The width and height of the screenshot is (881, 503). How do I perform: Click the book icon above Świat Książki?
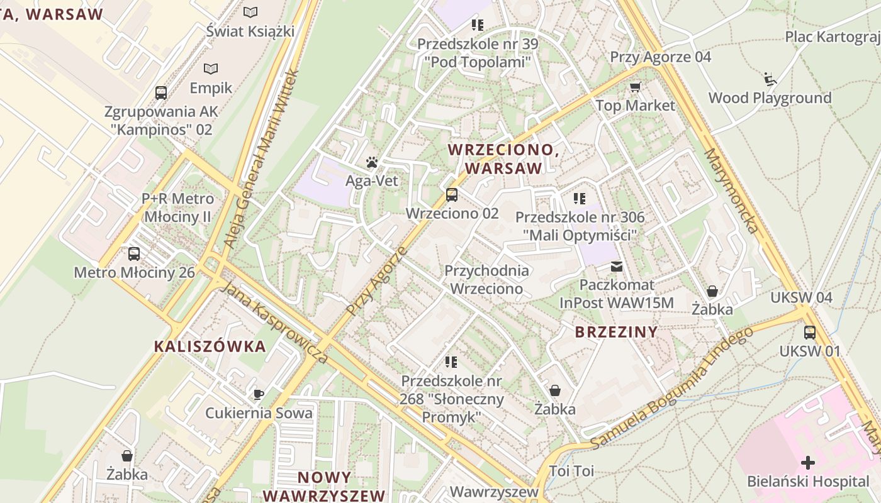(x=250, y=12)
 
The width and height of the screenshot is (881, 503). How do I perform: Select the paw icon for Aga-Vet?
(x=372, y=162)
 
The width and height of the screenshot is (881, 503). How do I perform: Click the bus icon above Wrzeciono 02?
(x=452, y=195)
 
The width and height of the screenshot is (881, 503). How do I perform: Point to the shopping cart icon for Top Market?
(x=635, y=87)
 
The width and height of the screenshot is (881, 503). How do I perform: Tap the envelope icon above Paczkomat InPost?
(x=617, y=267)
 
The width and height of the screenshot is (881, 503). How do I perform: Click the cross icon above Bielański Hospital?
(x=808, y=463)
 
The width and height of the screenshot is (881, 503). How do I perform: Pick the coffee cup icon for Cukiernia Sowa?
(x=258, y=394)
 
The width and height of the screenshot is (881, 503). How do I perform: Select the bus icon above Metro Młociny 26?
(x=134, y=254)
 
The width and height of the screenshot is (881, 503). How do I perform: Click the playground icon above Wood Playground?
(x=770, y=79)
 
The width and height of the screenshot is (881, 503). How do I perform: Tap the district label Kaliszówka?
(x=210, y=346)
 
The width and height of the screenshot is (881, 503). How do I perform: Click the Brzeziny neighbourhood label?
(x=616, y=332)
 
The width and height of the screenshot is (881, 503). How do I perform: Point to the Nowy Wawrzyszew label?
(x=324, y=486)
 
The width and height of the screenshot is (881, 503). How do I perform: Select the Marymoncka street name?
(x=732, y=191)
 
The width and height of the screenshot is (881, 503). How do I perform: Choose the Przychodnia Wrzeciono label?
(x=487, y=280)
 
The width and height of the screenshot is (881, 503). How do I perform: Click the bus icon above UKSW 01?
(x=810, y=332)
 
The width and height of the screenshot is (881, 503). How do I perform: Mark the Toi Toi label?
(x=571, y=471)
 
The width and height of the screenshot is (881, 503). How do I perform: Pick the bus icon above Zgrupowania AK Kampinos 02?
(x=161, y=93)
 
